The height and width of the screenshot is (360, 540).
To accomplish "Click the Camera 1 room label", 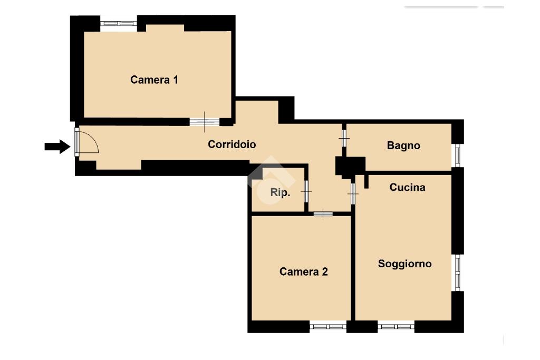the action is pyautogui.click(x=154, y=80).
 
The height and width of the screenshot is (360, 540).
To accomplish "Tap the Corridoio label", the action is pyautogui.click(x=232, y=144).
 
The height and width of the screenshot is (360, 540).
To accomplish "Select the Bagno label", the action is pyautogui.click(x=403, y=145).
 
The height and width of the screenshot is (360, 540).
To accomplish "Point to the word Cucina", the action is pyautogui.click(x=407, y=187).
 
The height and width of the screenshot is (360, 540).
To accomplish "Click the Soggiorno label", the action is pyautogui.click(x=404, y=264).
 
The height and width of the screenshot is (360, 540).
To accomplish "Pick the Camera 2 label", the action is pyautogui.click(x=303, y=271).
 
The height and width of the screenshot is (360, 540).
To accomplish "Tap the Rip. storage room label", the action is pyautogui.click(x=280, y=192).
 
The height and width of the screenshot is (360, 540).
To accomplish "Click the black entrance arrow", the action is pyautogui.click(x=57, y=147).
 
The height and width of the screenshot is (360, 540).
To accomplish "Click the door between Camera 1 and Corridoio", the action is pyautogui.click(x=205, y=122).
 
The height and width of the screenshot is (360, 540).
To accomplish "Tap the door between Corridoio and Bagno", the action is pyautogui.click(x=344, y=138).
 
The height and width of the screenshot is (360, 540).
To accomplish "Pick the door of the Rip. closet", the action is pyautogui.click(x=306, y=191).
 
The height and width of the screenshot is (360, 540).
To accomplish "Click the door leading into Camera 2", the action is pyautogui.click(x=323, y=213).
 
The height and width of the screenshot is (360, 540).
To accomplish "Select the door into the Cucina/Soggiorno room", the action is pyautogui.click(x=353, y=194).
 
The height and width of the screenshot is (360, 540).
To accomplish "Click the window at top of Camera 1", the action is pyautogui.click(x=119, y=23).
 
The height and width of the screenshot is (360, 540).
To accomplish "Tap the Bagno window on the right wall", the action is pyautogui.click(x=457, y=155).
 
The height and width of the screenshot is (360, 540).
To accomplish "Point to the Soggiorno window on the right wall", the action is pyautogui.click(x=457, y=273).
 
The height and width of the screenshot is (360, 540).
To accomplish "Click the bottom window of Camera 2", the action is pyautogui.click(x=328, y=326).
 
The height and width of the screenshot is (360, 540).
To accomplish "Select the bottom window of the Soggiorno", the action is pyautogui.click(x=396, y=326).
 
